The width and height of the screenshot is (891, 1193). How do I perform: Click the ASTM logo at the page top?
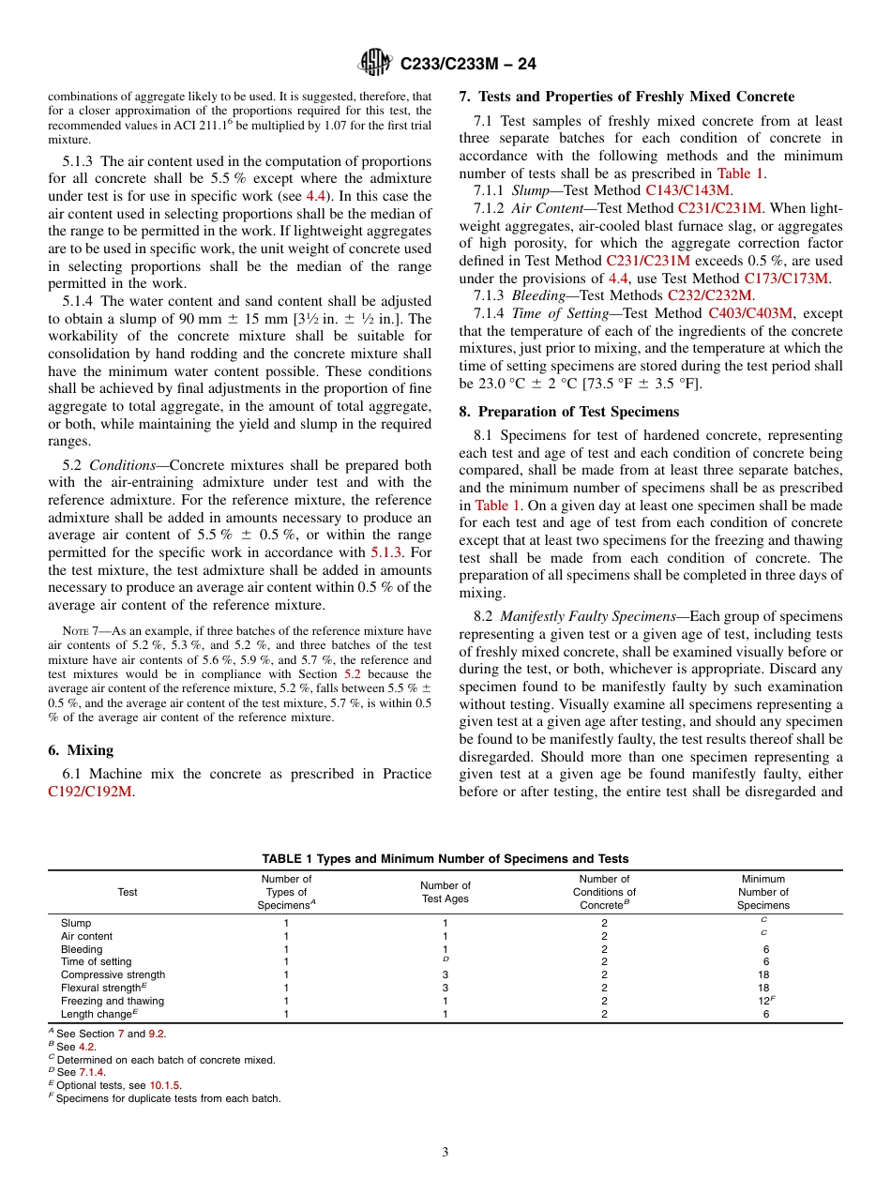[x=375, y=64]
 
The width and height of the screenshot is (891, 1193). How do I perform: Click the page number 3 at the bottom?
[x=445, y=1152]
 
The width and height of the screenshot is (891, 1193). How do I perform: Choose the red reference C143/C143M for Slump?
[x=687, y=189]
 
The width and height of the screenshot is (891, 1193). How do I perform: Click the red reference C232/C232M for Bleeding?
[x=710, y=295]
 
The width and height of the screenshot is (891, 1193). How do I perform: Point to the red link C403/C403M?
[x=750, y=313]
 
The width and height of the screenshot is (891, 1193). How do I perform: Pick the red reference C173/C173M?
[x=787, y=278]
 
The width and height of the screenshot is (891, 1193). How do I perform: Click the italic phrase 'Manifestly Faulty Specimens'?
[x=587, y=616]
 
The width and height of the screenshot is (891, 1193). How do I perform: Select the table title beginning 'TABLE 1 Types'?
[x=445, y=858]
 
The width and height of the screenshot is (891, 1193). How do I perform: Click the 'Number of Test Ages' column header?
[x=445, y=892]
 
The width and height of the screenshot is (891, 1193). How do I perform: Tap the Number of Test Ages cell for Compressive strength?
[x=445, y=974]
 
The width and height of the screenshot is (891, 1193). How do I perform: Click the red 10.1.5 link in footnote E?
[x=166, y=1085]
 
